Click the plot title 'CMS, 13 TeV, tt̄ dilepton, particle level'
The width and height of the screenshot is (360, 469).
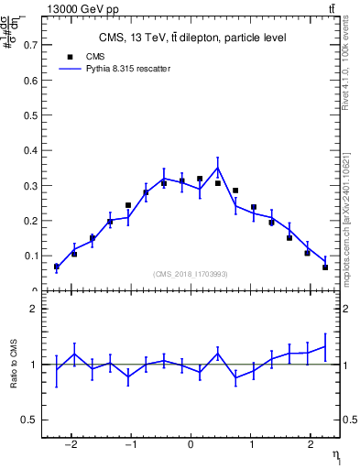pyautogui.click(x=192, y=38)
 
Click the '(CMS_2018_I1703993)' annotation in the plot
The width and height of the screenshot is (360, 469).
pyautogui.click(x=191, y=273)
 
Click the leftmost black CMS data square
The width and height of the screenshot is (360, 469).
pyautogui.click(x=56, y=267)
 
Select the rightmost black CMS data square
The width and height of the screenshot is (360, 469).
pyautogui.click(x=325, y=267)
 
